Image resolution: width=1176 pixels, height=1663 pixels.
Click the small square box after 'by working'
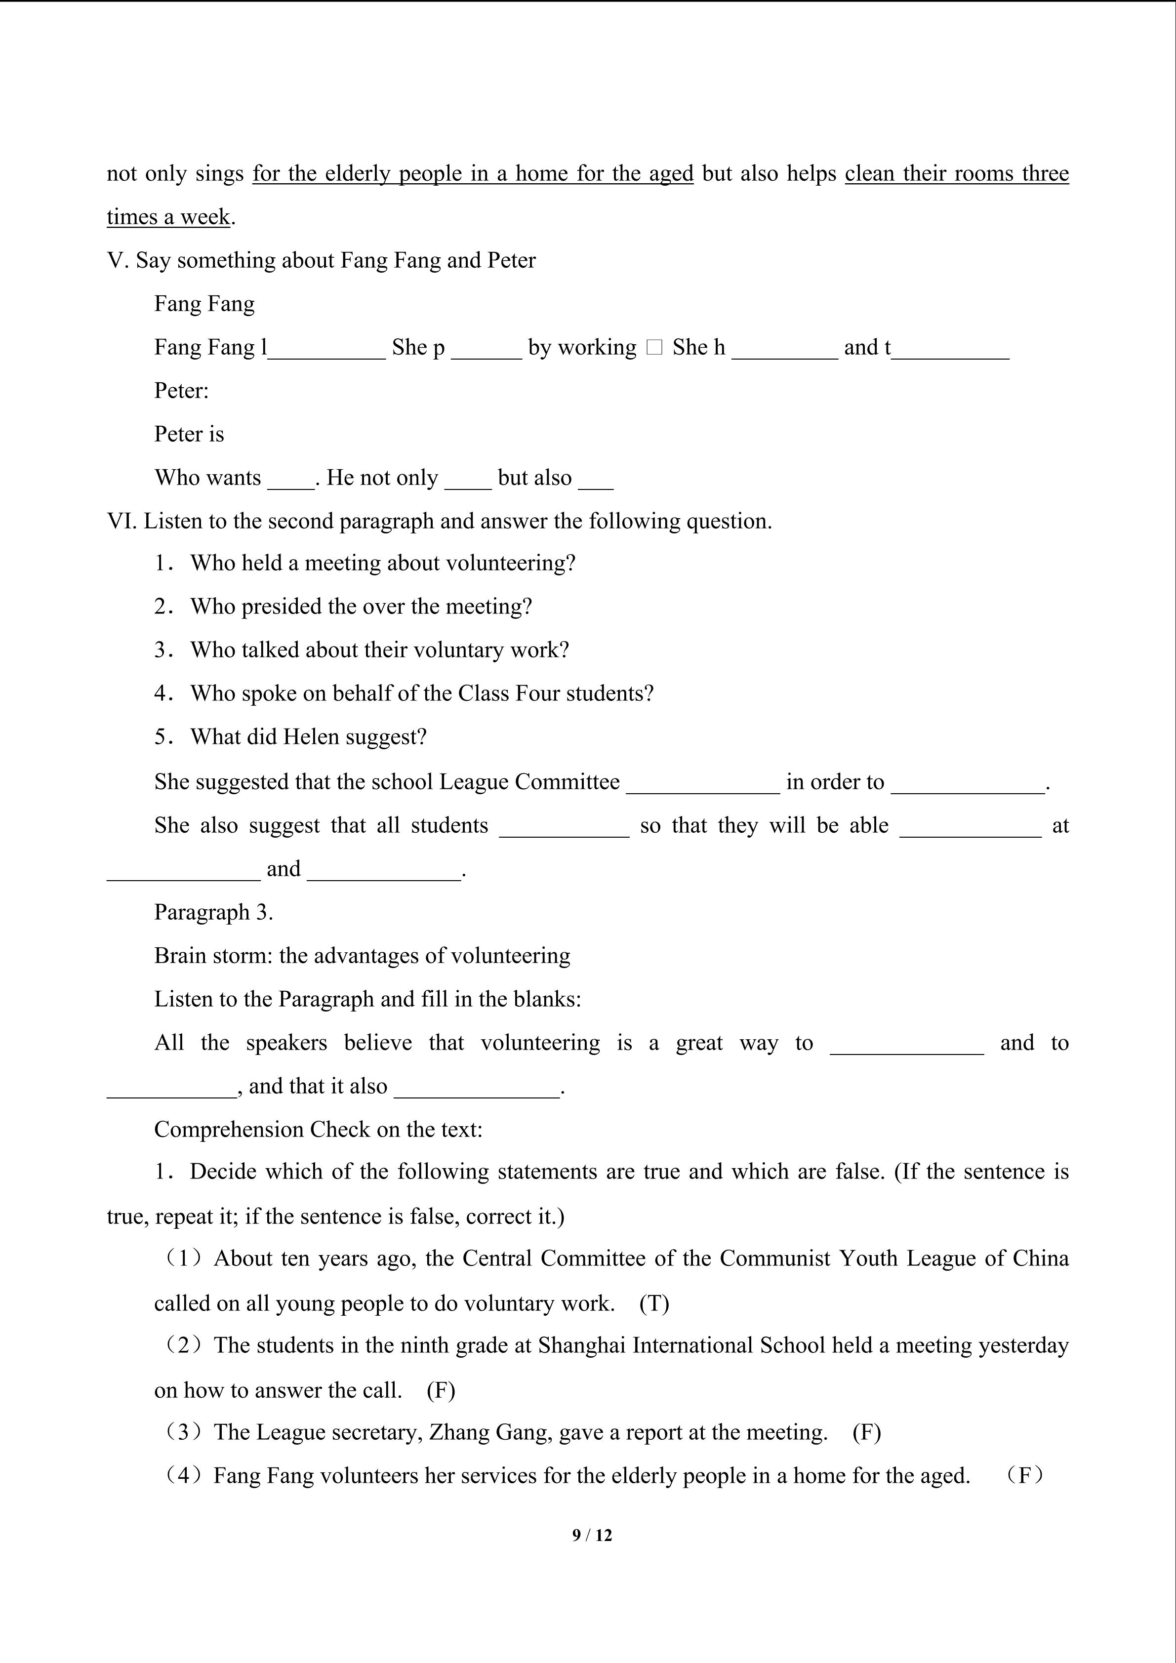(654, 348)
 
